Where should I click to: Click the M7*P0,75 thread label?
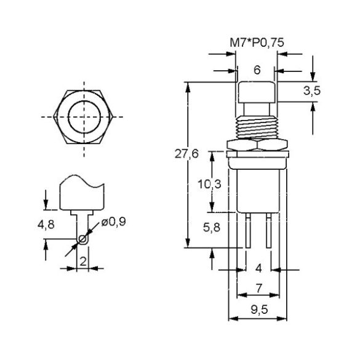[x=257, y=43]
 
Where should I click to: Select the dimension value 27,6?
[x=186, y=154]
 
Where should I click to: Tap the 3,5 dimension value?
[x=311, y=91]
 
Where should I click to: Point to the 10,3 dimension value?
[x=209, y=184]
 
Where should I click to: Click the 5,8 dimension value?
[x=212, y=228]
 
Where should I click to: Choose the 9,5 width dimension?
[x=259, y=310]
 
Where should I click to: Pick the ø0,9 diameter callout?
[x=114, y=222]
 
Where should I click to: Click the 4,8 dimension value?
[x=46, y=225]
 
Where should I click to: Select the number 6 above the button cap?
[x=257, y=70]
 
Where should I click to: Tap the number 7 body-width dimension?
[x=258, y=289]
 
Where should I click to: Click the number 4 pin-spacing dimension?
[x=258, y=268]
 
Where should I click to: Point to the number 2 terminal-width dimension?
[x=83, y=262]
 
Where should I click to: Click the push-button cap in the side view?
[x=257, y=92]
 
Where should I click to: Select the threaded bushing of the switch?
[x=257, y=127]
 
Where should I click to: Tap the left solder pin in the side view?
[x=248, y=230]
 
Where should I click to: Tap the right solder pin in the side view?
[x=269, y=230]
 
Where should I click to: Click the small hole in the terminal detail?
[x=82, y=239]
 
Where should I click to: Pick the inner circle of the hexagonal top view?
[x=84, y=117]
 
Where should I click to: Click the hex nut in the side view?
[x=257, y=145]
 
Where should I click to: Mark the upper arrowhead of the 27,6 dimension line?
[x=188, y=87]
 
